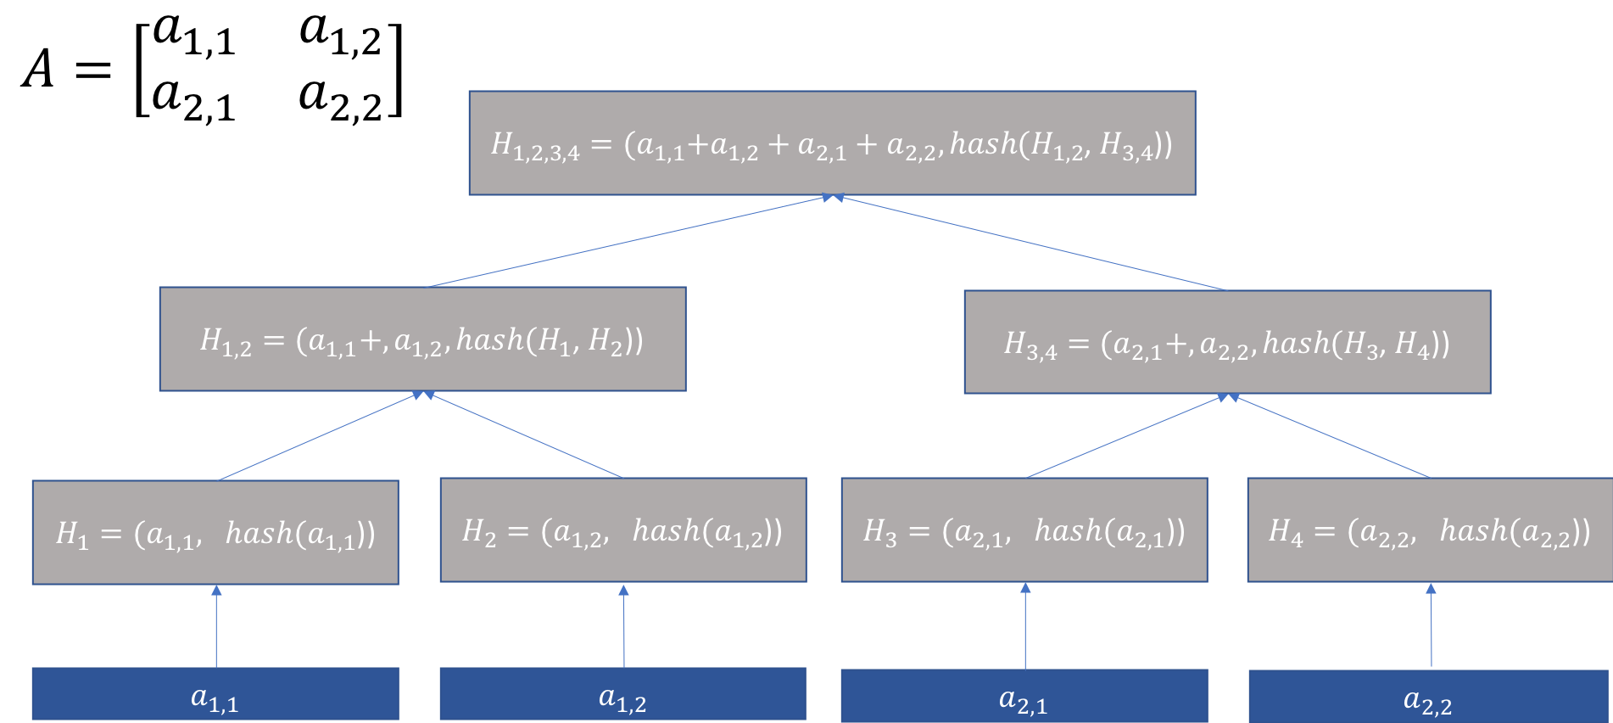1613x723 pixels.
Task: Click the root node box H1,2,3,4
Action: tap(832, 143)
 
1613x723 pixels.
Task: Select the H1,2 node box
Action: tap(422, 339)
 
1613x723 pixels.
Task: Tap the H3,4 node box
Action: tap(1227, 343)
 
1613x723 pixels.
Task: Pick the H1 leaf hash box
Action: tap(215, 533)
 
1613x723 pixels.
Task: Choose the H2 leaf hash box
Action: tap(622, 530)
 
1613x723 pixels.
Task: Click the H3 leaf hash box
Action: tap(1024, 530)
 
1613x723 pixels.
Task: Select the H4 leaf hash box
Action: tap(1430, 530)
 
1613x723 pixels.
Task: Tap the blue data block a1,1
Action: tap(215, 694)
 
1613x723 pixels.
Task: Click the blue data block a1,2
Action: tap(622, 694)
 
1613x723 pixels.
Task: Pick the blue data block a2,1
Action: tap(1024, 697)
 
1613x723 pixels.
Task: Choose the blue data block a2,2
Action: tap(1428, 698)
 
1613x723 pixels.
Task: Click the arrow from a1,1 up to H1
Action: tap(216, 628)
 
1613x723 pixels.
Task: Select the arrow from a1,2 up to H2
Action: tap(624, 628)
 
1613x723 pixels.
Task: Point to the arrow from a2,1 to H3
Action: tap(1025, 628)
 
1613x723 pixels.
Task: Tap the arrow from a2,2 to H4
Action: tap(1432, 628)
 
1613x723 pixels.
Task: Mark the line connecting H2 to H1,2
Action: tap(526, 435)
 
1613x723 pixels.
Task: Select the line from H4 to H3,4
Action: tap(1331, 436)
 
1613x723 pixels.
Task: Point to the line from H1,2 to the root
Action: tap(628, 242)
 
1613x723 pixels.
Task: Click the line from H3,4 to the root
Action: tap(1030, 244)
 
